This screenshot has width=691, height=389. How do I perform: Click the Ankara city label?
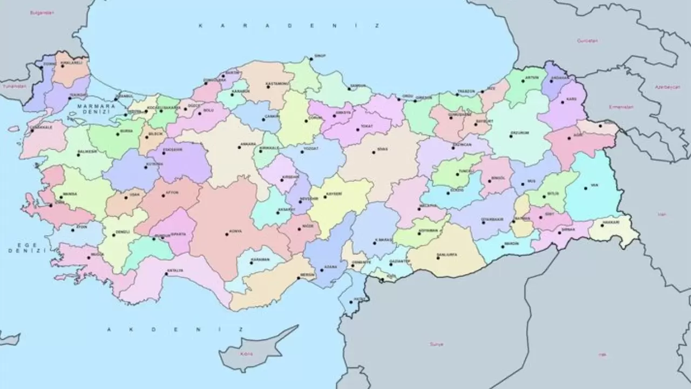click(248, 145)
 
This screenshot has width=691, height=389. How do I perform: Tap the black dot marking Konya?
click(227, 234)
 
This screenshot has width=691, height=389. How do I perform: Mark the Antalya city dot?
click(166, 274)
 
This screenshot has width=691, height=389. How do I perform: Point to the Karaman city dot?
click(252, 263)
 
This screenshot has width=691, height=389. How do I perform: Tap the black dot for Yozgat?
click(302, 151)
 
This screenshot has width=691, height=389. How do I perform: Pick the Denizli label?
click(123, 232)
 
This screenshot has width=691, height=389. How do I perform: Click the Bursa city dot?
click(118, 133)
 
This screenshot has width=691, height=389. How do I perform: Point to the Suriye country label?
click(436, 344)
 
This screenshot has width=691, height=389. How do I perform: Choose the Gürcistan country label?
click(587, 41)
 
